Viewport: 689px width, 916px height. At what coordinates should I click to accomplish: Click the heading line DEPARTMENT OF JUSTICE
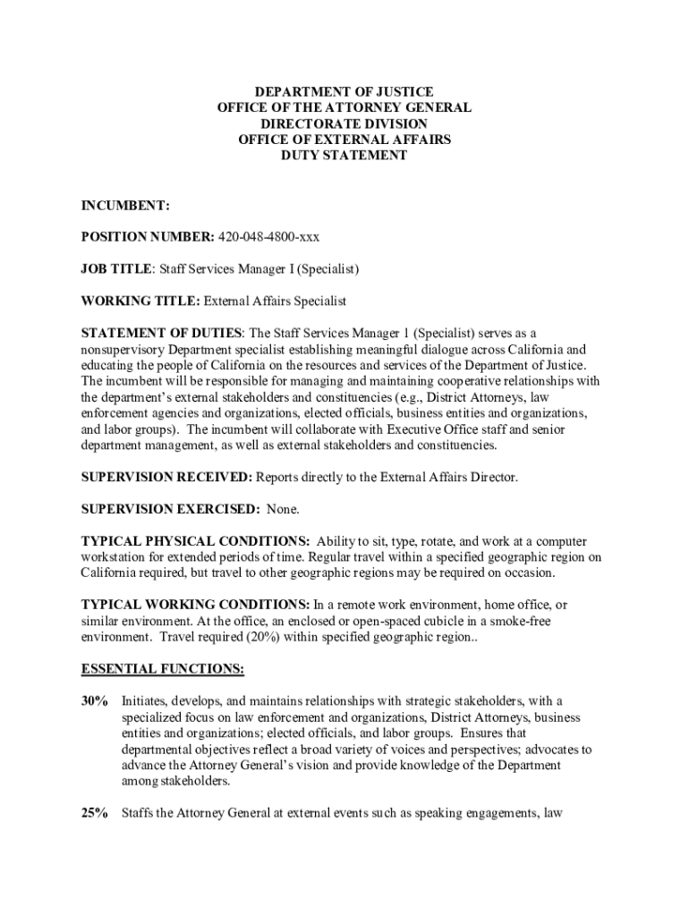point(344,91)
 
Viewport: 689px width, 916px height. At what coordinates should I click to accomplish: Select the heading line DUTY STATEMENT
point(344,155)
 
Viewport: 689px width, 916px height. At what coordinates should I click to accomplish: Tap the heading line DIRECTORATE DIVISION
point(344,123)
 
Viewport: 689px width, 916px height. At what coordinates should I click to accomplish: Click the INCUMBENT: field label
point(125,206)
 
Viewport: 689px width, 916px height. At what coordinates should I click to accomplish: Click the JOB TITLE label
point(117,268)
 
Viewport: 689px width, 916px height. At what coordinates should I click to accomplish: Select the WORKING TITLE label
point(140,301)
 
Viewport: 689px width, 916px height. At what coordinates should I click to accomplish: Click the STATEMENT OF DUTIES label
point(161,333)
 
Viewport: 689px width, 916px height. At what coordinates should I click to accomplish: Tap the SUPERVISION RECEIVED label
point(166,478)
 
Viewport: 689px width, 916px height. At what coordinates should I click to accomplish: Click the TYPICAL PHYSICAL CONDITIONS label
point(196,541)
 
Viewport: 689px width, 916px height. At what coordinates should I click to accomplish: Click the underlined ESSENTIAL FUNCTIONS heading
point(163,668)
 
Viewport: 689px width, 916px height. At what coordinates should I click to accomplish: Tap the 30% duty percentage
point(94,700)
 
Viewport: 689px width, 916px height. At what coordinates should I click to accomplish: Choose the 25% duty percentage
point(94,813)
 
